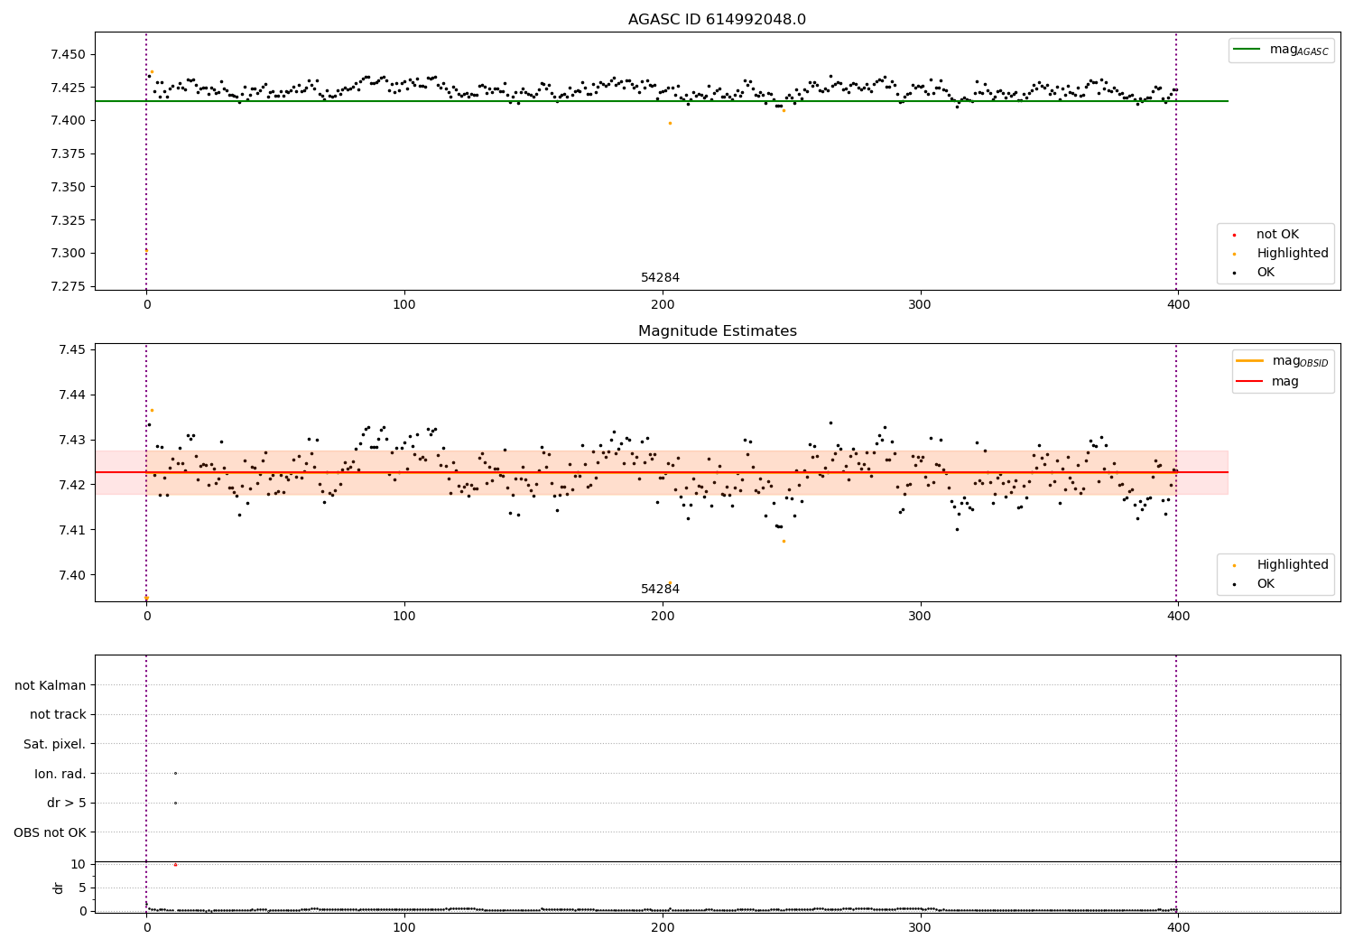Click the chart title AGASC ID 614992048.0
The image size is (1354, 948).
click(717, 20)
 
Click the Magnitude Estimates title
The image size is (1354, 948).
click(717, 331)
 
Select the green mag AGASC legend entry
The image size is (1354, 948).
click(1282, 50)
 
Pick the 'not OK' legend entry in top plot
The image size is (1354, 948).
click(1276, 235)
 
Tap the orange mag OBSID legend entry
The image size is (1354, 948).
click(1282, 361)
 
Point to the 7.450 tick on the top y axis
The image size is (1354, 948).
click(68, 55)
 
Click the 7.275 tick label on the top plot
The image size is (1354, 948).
click(68, 286)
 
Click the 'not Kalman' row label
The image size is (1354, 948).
click(51, 685)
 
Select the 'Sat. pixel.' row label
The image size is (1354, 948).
click(54, 744)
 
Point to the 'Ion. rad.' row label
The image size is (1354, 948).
click(60, 774)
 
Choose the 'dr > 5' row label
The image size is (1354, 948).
click(66, 803)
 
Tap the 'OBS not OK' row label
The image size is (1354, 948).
click(50, 832)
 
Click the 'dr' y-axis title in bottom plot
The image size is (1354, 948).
click(59, 888)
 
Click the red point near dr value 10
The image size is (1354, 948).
click(175, 865)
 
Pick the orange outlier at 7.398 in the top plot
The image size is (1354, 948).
click(670, 123)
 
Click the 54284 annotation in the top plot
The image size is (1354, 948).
click(660, 278)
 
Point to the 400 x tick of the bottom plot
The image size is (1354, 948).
click(1178, 927)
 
